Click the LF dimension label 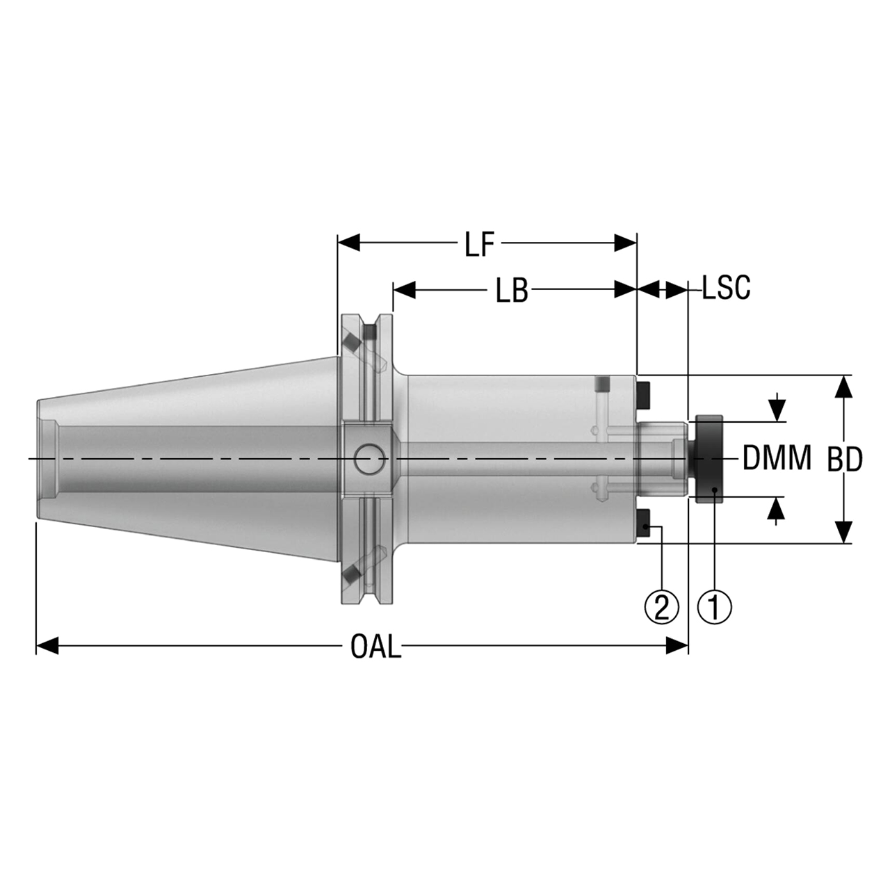point(479,245)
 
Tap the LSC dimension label point(726,288)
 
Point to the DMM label point(777,458)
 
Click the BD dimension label point(845,460)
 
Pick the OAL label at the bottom point(375,648)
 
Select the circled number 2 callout point(661,606)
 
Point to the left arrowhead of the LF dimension point(348,243)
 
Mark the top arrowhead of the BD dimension point(843,386)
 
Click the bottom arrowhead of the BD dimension point(843,532)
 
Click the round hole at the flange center point(369,460)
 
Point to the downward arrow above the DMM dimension point(777,407)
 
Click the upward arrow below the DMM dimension point(777,511)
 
